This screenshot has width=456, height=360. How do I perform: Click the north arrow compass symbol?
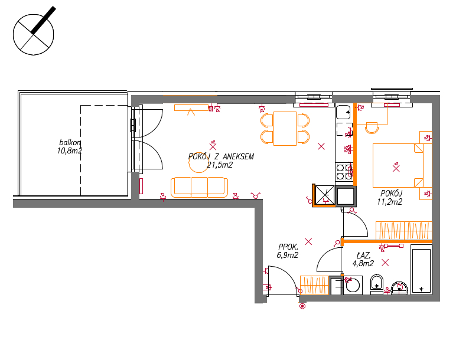click(x=34, y=34)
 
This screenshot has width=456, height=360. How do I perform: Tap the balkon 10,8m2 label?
click(x=70, y=147)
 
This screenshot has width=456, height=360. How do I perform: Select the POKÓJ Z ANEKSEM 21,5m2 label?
click(x=221, y=161)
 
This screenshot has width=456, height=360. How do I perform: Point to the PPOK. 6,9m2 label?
click(x=288, y=251)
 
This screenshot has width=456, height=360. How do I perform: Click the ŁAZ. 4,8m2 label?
click(x=363, y=260)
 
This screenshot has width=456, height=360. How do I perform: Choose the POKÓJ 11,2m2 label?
click(x=390, y=197)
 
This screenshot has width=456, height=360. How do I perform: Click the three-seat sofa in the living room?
click(x=199, y=188)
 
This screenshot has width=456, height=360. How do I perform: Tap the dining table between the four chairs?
click(x=285, y=129)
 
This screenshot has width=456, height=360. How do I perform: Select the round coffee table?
click(x=199, y=163)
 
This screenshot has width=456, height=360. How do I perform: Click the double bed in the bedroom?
click(x=398, y=165)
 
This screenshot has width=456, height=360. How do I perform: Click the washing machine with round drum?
click(x=353, y=285)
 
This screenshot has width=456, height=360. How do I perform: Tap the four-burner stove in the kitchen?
click(x=344, y=172)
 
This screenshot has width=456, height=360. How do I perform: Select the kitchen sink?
click(x=343, y=112)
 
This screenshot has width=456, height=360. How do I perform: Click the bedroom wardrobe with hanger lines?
click(x=403, y=231)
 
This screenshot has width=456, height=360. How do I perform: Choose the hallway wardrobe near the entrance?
click(x=314, y=285)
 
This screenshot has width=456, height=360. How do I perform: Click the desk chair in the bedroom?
click(x=372, y=128)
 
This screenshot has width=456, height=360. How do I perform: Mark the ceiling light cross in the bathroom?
click(x=385, y=263)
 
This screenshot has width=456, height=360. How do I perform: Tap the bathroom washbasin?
click(x=399, y=287)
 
